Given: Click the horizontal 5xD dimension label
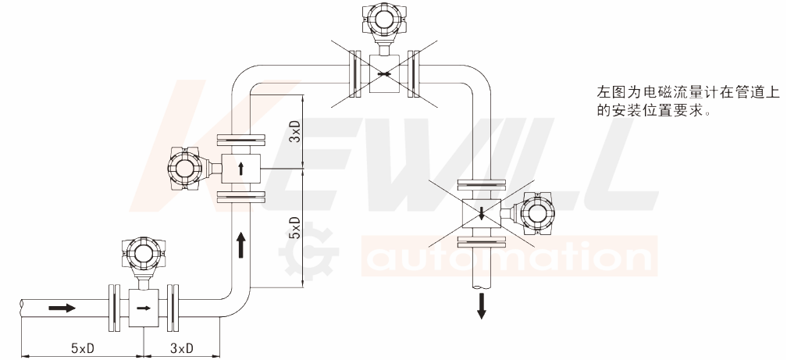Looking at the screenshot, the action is click(x=83, y=348).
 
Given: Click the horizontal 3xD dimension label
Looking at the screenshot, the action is click(x=182, y=348).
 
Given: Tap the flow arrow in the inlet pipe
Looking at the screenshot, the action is click(x=62, y=307).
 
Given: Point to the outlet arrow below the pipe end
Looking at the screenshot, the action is click(x=481, y=306).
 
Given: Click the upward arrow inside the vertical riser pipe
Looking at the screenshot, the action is click(x=241, y=244).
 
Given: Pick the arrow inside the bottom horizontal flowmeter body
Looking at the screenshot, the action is click(x=144, y=308).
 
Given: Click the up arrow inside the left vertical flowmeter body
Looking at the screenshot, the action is click(x=241, y=168).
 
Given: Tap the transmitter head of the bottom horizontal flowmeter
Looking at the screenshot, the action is click(x=143, y=255).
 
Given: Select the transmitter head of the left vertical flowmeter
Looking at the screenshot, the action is click(x=185, y=168).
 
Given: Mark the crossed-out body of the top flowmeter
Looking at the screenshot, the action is click(x=384, y=74).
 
